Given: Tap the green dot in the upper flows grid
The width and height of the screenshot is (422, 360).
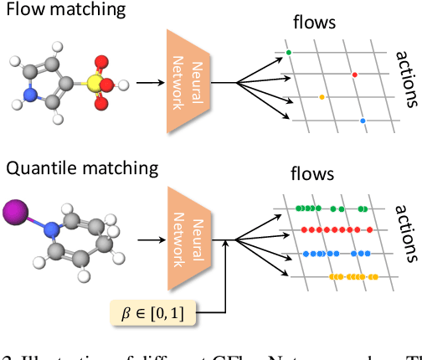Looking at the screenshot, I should (289, 53).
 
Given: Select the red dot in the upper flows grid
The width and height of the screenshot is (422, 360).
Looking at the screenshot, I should (354, 75).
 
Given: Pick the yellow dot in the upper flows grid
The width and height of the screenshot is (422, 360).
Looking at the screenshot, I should (322, 97).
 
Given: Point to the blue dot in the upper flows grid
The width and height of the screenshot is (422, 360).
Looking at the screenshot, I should (363, 121).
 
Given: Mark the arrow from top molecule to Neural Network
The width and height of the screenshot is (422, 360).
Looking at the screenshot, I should (149, 83).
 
